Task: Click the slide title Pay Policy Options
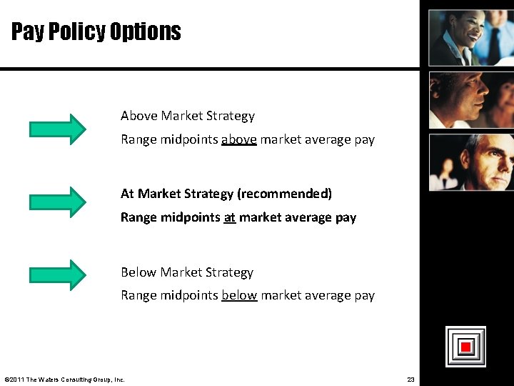[96, 31]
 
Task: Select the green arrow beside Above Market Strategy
[57, 129]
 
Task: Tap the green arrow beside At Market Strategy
[57, 202]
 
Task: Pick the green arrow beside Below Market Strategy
[57, 274]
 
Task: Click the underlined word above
[239, 139]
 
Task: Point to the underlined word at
[229, 217]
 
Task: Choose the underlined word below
[239, 295]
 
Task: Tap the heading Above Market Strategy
[188, 116]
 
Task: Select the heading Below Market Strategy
[187, 272]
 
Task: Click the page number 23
[410, 379]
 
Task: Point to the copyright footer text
[64, 379]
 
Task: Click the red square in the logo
[465, 347]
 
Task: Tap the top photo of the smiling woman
[471, 36]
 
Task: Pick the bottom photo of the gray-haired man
[471, 162]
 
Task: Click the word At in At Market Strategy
[128, 194]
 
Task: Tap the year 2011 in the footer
[16, 379]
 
